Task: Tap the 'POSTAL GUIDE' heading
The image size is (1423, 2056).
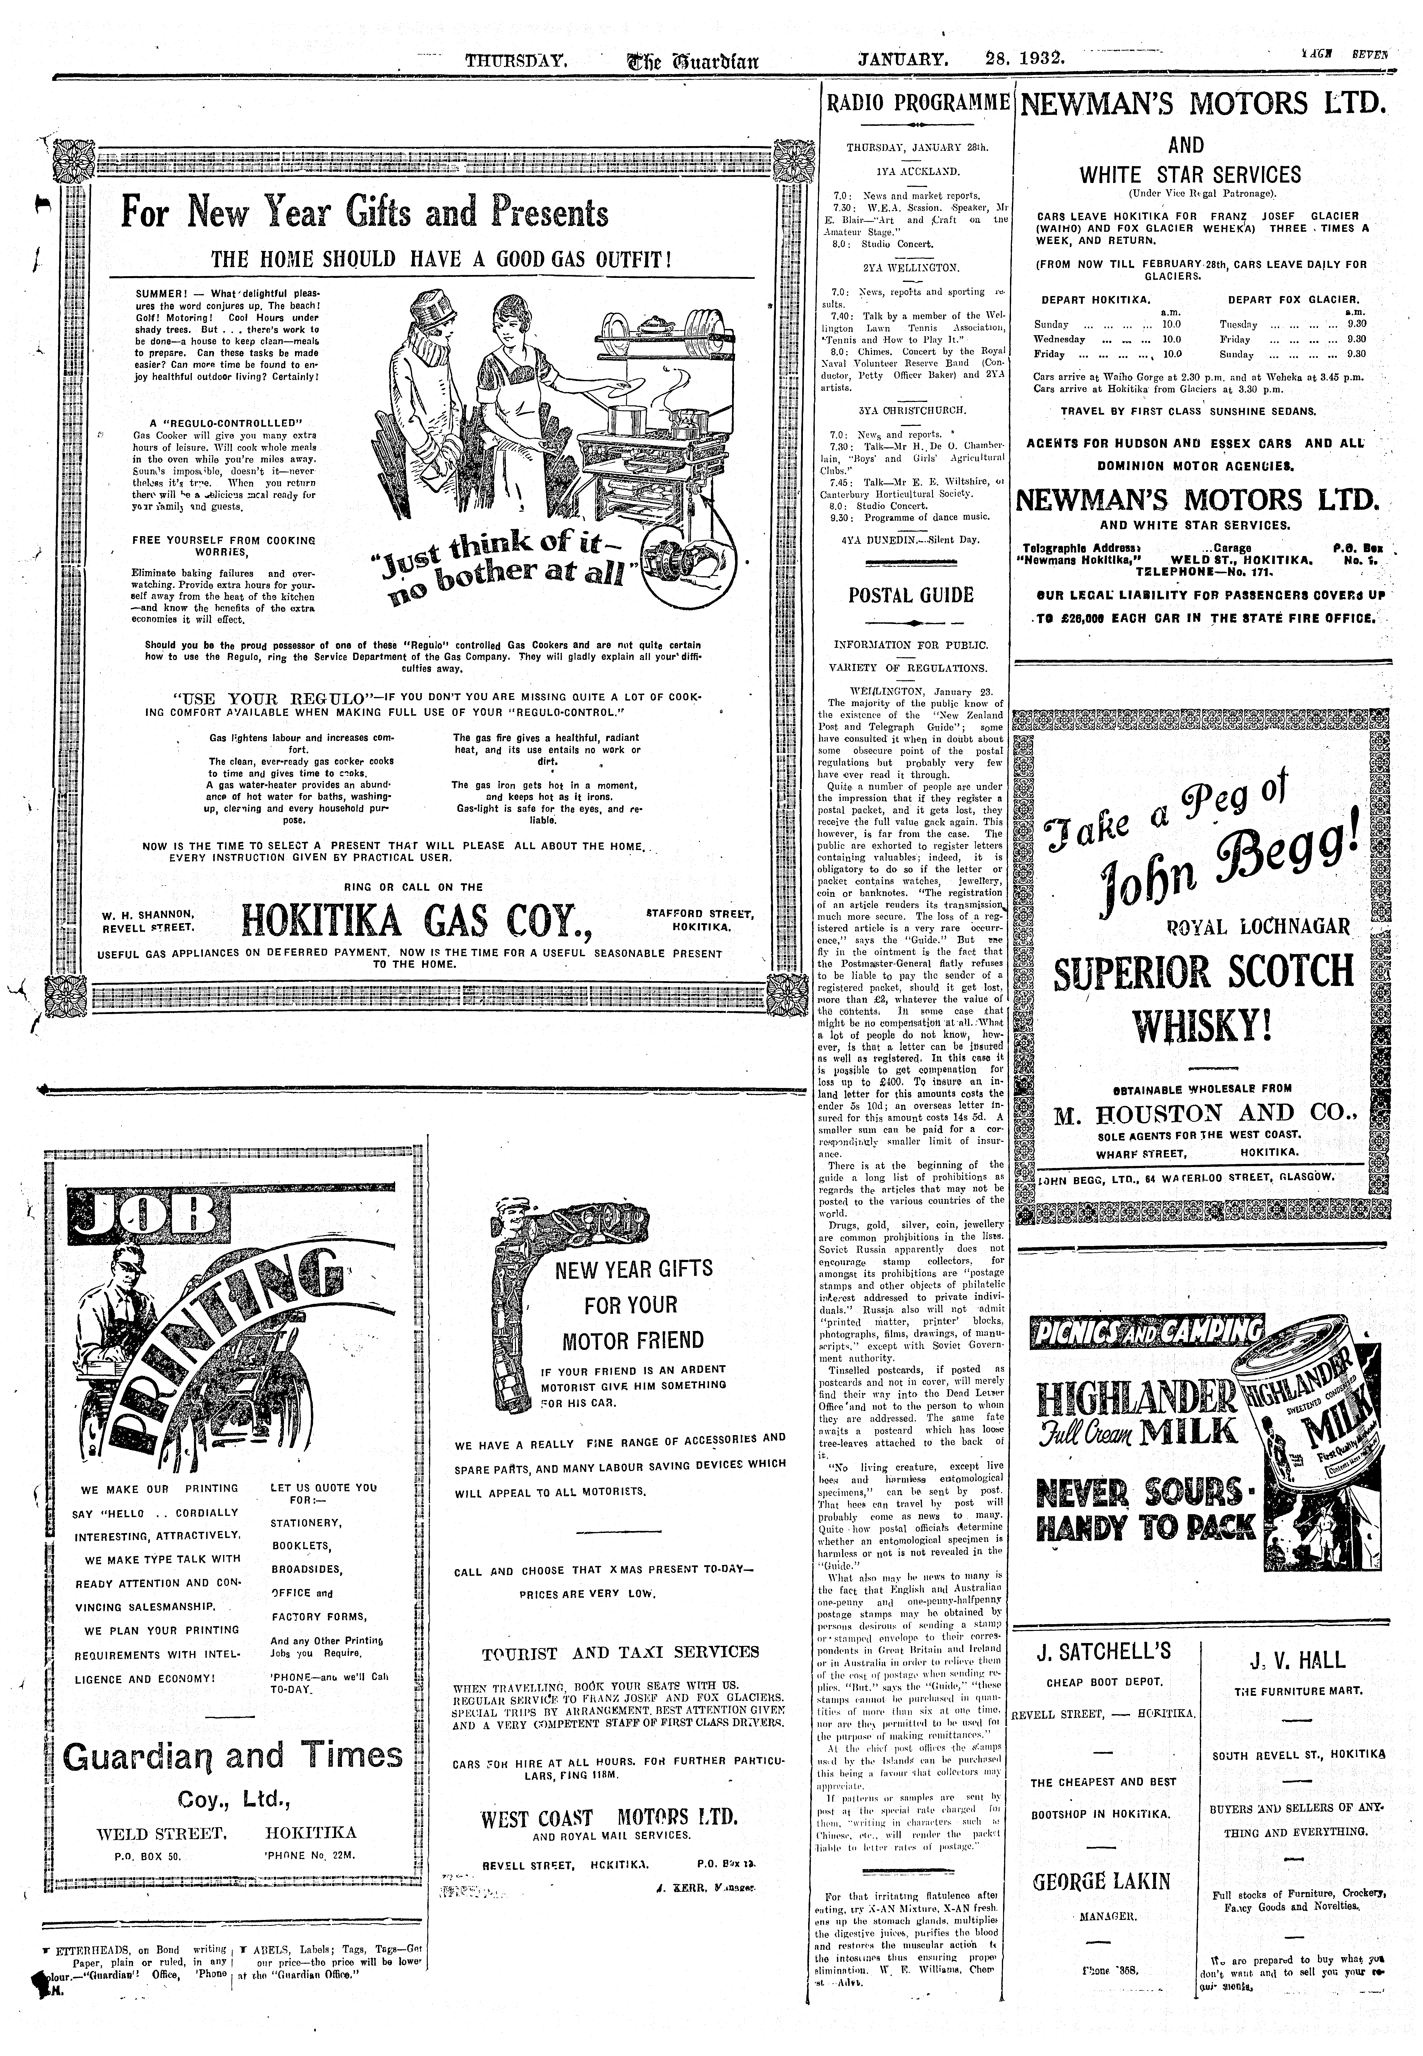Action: pyautogui.click(x=910, y=595)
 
